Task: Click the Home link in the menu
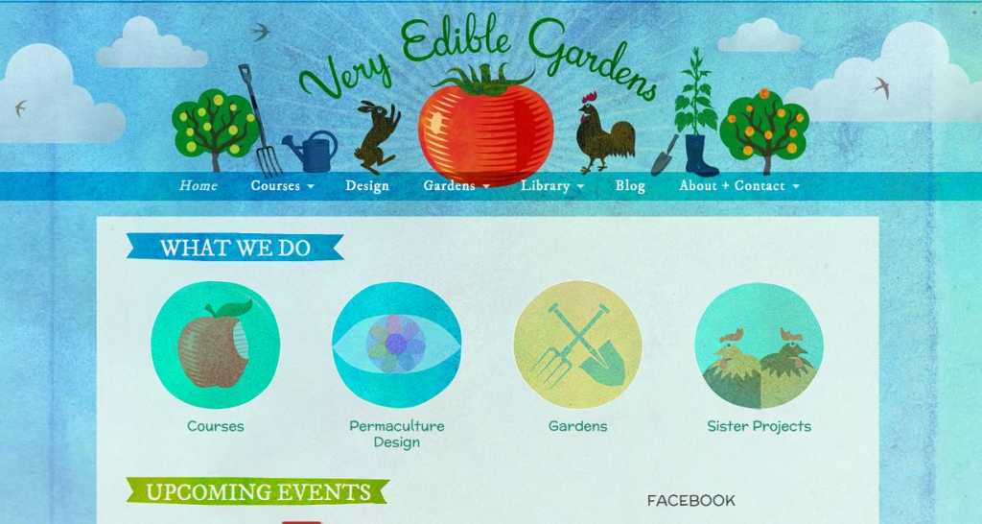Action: pos(198,185)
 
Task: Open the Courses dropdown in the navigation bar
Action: pos(282,185)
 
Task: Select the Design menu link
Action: pos(367,186)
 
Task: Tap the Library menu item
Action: pos(551,186)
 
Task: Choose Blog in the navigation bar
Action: pos(630,186)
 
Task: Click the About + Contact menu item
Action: pos(739,185)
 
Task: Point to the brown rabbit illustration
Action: pos(378,136)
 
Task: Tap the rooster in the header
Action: pos(604,132)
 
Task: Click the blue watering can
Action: pos(311,151)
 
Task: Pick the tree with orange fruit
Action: pos(764,130)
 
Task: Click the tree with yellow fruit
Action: pos(215,130)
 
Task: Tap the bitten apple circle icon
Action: pos(216,345)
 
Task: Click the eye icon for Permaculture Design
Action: pos(396,345)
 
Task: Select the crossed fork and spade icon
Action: pos(577,345)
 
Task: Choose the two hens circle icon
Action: pos(760,345)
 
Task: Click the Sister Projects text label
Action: pos(760,426)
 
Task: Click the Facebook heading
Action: pos(690,501)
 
